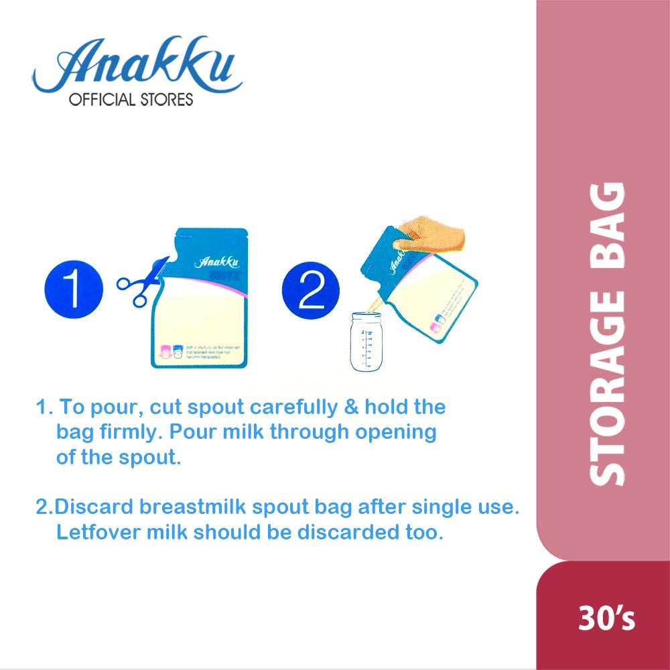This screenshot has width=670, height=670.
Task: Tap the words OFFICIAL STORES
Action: (131, 100)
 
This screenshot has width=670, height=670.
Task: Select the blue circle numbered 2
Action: (310, 289)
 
